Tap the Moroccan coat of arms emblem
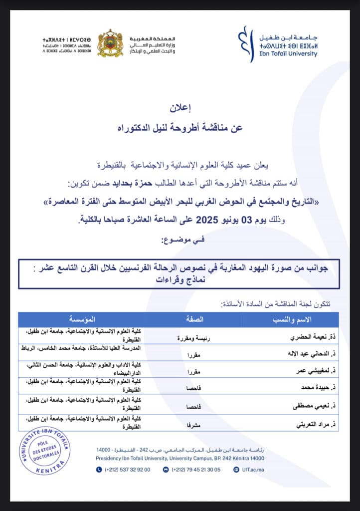[x=110, y=43]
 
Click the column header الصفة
[x=194, y=319]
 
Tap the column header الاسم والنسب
[x=291, y=319]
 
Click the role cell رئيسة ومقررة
[x=194, y=338]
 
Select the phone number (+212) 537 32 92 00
[x=127, y=469]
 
